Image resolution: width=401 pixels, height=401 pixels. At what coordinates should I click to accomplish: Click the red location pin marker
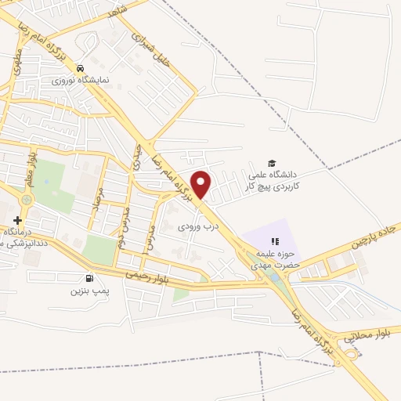202,183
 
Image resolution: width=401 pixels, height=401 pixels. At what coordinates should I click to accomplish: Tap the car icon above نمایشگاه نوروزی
80,69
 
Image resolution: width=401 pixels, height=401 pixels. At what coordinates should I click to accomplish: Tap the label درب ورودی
192,225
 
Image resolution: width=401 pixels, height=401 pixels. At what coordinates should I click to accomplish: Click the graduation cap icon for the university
271,163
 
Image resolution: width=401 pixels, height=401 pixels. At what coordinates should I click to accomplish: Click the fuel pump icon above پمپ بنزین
88,277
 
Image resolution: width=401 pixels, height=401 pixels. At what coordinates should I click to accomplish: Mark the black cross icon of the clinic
17,221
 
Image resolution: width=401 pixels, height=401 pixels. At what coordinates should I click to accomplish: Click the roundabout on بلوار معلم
28,200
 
